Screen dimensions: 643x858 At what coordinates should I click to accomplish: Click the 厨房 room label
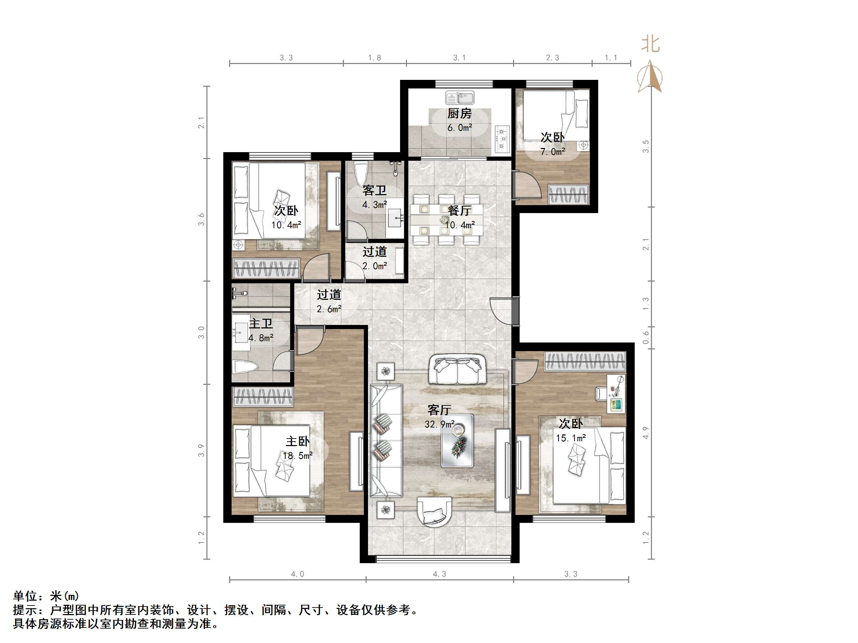[x=460, y=114]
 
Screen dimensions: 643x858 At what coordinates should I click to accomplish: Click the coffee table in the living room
[x=458, y=441]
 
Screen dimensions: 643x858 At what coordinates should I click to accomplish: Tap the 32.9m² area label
[x=439, y=424]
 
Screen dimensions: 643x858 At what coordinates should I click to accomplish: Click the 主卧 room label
[x=297, y=441]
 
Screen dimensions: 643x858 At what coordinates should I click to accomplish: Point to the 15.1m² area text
[x=571, y=438]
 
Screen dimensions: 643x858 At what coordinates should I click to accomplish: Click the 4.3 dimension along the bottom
[x=439, y=574]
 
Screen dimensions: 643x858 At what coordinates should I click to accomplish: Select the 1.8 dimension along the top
[x=374, y=58]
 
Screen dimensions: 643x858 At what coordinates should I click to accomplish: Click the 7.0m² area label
[x=553, y=151]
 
